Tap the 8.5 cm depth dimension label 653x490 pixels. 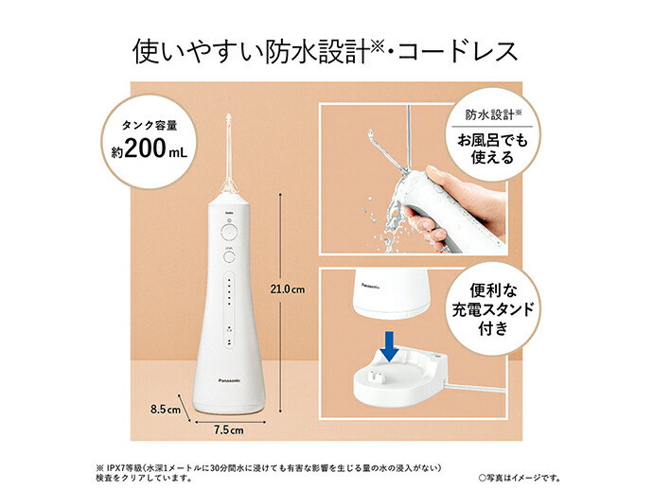click(x=166, y=409)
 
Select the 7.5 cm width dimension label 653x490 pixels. click(x=228, y=429)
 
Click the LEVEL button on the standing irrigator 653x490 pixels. click(x=228, y=254)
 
